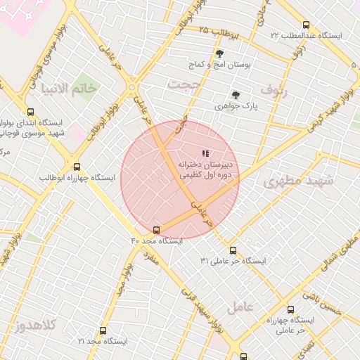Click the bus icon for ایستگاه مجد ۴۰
[156, 229]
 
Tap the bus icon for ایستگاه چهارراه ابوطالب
[77, 167]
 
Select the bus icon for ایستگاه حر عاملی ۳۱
[233, 250]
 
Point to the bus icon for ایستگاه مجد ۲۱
[103, 330]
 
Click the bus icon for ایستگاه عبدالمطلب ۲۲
[305, 24]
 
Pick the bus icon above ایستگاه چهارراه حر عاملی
[290, 309]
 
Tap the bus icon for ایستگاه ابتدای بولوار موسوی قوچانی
[30, 111]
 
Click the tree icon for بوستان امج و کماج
[219, 53]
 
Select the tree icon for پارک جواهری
[236, 95]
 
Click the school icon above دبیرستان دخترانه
[205, 153]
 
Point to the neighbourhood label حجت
[185, 84]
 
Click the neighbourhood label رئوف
[274, 89]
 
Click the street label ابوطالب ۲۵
[219, 32]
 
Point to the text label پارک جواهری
[242, 107]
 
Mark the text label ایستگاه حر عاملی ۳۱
[233, 261]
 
